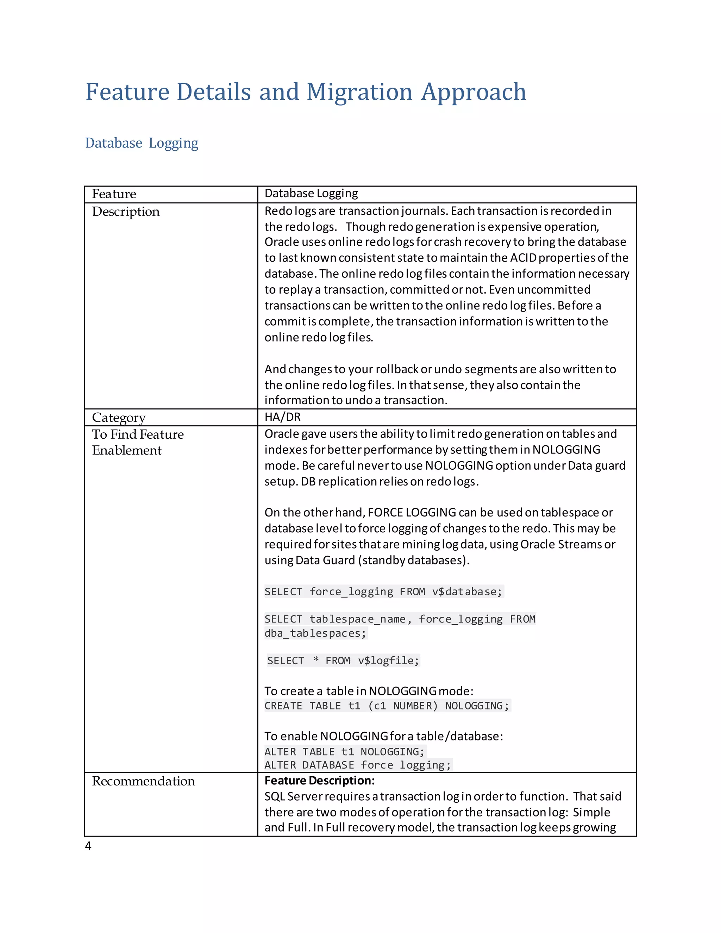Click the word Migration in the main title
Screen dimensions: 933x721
tap(359, 92)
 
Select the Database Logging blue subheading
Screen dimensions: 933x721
tap(142, 143)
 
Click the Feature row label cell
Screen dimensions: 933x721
tap(114, 194)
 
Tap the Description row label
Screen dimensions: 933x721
tap(126, 212)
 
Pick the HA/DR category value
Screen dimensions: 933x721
tap(282, 417)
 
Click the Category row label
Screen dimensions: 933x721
tap(119, 417)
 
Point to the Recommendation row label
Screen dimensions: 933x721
tap(143, 781)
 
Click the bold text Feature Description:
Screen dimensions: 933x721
tap(319, 781)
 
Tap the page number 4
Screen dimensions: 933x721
tap(88, 845)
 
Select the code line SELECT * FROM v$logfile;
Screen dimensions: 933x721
tap(343, 660)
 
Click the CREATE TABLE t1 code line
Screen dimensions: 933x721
tap(387, 706)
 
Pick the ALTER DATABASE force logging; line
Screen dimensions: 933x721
tap(358, 765)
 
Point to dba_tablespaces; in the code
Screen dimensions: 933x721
tap(315, 633)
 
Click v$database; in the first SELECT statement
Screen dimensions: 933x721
tap(467, 592)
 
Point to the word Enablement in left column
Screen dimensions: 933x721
tap(126, 450)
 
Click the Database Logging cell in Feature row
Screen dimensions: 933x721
tap(311, 194)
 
